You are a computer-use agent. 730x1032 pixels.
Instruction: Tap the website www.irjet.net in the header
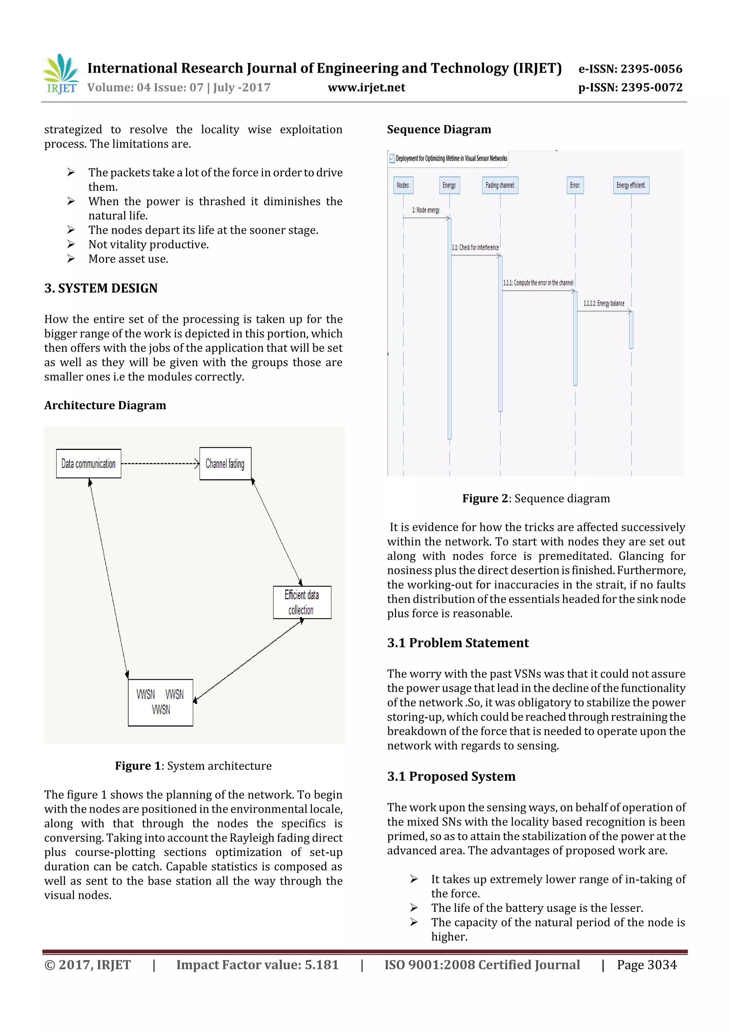366,88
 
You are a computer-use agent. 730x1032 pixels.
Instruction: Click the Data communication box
89,463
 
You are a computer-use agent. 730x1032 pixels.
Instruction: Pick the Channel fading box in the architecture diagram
225,463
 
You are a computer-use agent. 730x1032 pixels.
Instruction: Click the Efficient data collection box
302,602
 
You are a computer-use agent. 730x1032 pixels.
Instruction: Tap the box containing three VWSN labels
160,702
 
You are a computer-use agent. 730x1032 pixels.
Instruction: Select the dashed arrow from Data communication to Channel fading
160,463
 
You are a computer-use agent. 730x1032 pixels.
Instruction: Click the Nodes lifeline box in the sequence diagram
403,185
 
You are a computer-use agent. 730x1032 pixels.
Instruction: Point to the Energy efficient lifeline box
631,185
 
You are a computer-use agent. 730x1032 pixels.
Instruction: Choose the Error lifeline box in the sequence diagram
575,185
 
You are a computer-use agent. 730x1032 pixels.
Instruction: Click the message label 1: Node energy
426,210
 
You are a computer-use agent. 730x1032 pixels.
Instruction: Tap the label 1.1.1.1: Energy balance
603,304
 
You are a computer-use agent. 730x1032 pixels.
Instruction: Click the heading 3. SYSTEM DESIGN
101,288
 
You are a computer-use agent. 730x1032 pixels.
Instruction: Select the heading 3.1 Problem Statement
458,643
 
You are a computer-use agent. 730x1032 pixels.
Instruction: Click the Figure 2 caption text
536,498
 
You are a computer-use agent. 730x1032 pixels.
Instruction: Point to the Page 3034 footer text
646,965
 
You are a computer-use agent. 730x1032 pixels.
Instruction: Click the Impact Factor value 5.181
257,965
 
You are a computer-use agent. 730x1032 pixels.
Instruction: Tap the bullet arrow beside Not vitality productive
71,244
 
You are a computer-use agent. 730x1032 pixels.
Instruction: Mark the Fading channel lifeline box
500,185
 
